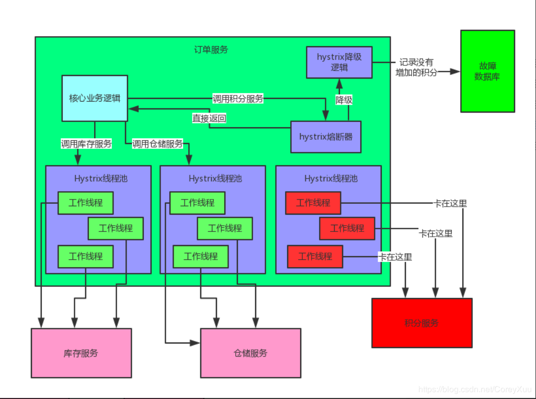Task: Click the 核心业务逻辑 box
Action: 95,98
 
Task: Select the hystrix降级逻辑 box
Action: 339,62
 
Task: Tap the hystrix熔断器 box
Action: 326,137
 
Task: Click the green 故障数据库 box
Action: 487,71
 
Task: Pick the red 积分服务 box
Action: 421,323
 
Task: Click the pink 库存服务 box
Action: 81,353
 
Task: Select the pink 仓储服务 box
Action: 250,353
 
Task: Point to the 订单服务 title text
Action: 211,50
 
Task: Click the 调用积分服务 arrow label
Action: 238,98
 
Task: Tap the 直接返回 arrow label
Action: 209,118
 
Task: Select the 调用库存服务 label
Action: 86,144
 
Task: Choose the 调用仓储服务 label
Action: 157,144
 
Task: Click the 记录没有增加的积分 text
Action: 416,67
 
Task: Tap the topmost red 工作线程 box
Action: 313,203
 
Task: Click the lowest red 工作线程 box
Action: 315,256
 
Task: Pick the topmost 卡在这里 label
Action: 450,203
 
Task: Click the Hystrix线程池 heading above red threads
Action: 330,179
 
